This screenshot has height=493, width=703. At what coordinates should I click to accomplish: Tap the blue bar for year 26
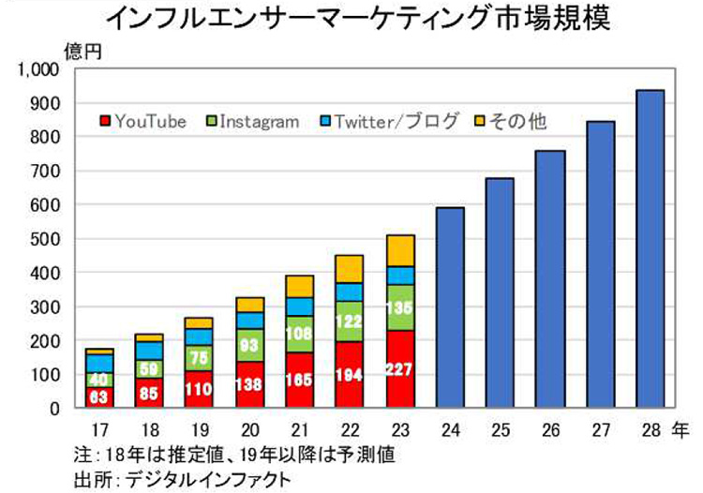click(550, 279)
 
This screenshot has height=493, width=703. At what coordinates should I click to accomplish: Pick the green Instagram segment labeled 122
click(350, 321)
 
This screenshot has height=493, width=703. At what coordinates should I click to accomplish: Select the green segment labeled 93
click(251, 344)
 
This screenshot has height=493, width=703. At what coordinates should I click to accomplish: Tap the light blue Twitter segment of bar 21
click(301, 306)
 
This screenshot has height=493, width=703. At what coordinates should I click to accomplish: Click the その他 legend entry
click(512, 122)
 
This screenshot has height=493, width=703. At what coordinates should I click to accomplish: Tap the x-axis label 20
click(251, 432)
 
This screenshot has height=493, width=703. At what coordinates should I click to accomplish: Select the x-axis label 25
click(501, 432)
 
